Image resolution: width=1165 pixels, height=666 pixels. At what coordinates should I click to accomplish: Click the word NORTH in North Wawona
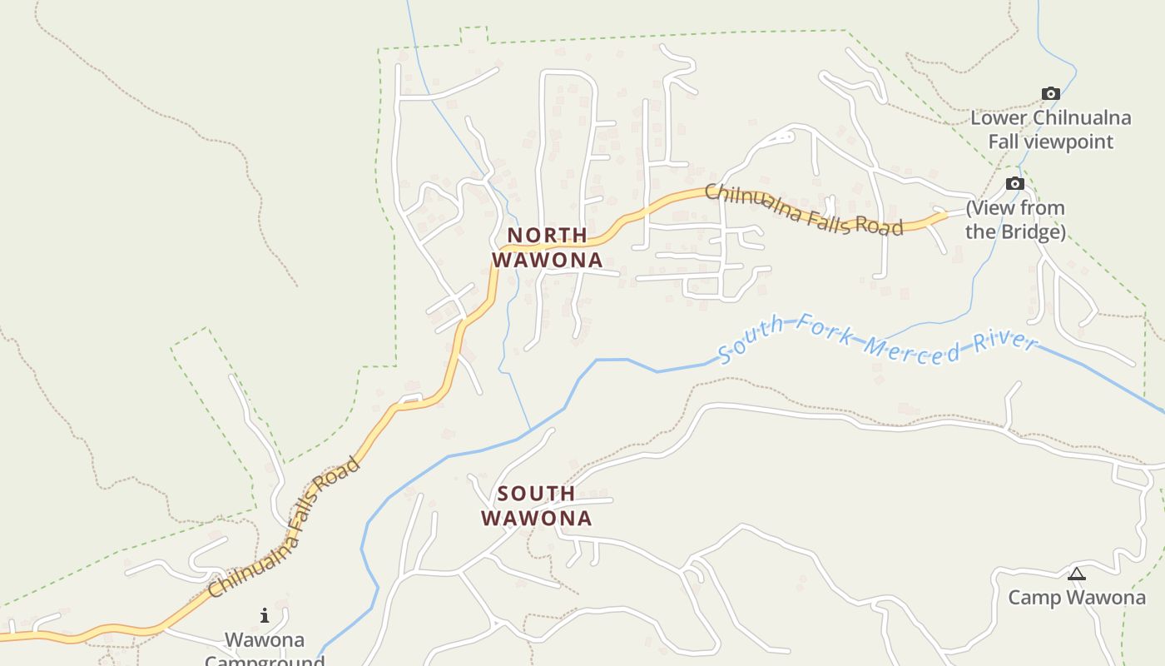tap(547, 236)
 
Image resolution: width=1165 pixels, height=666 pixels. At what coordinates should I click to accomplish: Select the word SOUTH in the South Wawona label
tap(536, 494)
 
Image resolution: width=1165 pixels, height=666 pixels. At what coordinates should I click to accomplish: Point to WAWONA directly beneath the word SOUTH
tap(537, 518)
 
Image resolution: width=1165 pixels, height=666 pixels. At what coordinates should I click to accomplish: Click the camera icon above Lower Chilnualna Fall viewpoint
tap(1051, 94)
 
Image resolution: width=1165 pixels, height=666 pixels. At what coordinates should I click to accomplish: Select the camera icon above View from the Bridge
tap(1014, 184)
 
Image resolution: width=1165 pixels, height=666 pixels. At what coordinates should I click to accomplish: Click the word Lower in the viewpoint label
tap(999, 118)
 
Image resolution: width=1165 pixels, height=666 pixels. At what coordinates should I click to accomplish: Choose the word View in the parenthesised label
tap(994, 208)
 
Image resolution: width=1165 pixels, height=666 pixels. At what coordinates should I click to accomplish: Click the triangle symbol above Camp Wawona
tap(1077, 574)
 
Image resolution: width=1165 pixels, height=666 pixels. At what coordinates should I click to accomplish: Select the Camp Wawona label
tap(1077, 598)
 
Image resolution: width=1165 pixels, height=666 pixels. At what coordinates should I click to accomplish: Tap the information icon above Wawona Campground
tap(265, 616)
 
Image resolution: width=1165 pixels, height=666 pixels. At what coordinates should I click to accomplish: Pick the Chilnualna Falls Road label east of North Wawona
tap(803, 210)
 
